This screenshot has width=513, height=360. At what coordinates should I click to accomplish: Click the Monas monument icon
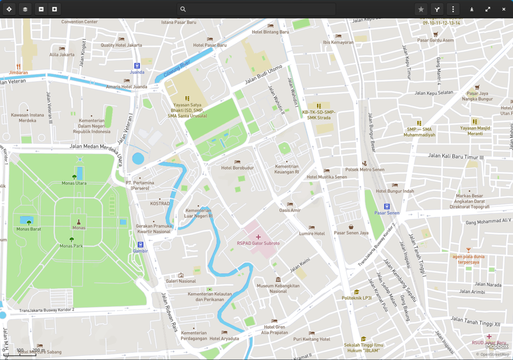pos(79,222)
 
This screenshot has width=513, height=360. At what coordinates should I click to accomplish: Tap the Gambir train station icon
pos(140,245)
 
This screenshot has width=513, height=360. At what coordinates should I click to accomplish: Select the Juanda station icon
pos(137,66)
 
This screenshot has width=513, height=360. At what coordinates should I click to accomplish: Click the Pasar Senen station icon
pos(387,206)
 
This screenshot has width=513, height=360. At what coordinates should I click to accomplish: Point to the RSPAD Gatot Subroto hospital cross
pos(258,237)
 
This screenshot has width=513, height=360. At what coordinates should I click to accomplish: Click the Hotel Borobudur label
pos(237,168)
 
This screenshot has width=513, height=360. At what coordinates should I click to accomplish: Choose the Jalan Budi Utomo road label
pos(264,75)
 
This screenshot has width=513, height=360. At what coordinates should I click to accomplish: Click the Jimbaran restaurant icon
pos(18,67)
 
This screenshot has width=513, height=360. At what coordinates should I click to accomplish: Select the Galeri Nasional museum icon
pos(181,275)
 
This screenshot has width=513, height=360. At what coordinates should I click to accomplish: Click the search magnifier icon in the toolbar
pos(183,9)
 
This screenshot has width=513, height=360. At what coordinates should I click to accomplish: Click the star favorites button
pos(421,9)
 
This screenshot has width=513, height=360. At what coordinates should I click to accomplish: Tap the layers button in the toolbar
pos(25,9)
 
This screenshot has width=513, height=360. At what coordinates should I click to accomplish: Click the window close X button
pos(504,9)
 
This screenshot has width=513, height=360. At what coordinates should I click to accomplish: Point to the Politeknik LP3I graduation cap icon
pos(356,292)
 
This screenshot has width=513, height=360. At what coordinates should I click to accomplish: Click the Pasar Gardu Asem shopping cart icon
pos(436,34)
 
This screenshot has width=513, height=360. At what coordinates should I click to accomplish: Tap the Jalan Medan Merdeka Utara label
pos(96,147)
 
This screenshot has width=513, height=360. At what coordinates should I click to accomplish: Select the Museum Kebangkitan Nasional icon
pos(278,279)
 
